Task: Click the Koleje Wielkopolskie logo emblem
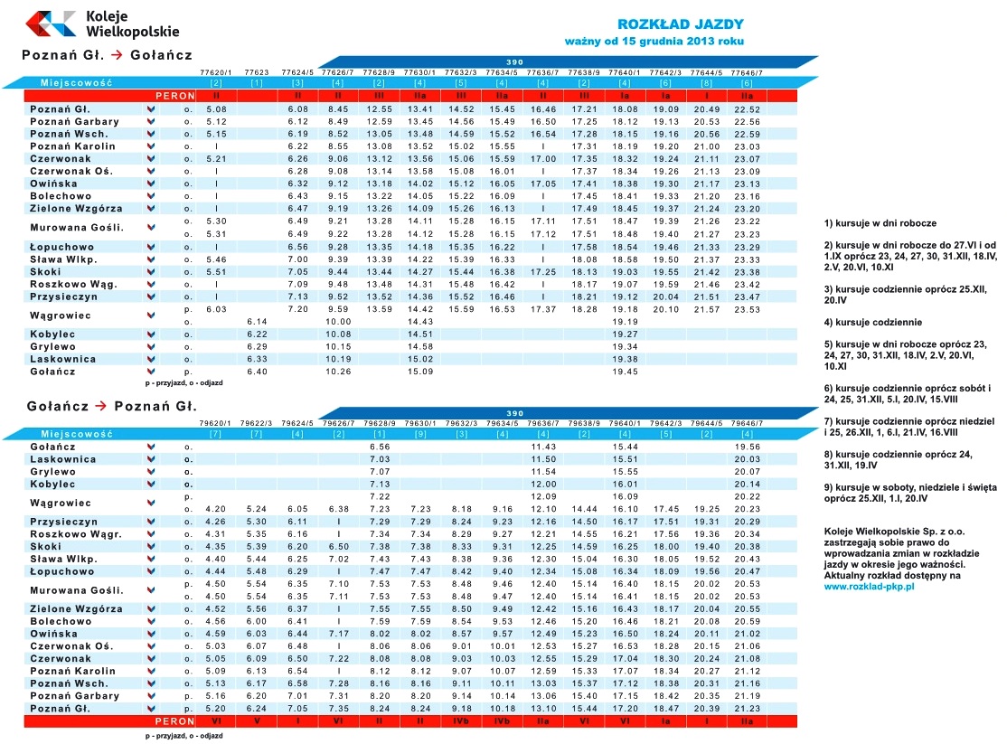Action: pyautogui.click(x=51, y=23)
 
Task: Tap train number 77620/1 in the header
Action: pyautogui.click(x=216, y=71)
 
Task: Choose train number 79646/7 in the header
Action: pyautogui.click(x=747, y=423)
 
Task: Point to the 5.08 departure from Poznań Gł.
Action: pyautogui.click(x=216, y=108)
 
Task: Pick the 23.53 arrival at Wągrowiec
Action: pyautogui.click(x=747, y=309)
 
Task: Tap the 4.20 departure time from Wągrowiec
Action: pyautogui.click(x=216, y=508)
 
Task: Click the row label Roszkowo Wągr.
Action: pyautogui.click(x=75, y=533)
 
